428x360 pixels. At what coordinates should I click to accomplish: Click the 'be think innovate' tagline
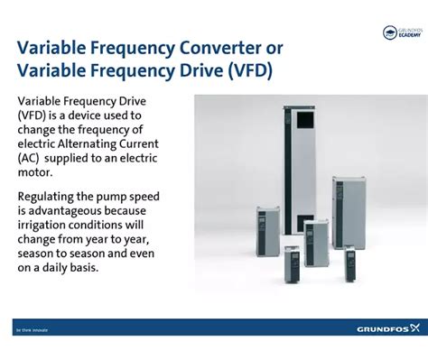tap(31, 329)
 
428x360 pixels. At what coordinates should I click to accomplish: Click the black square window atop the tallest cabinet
tap(309, 120)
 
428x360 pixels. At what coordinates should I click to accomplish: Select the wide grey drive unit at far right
tap(348, 212)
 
